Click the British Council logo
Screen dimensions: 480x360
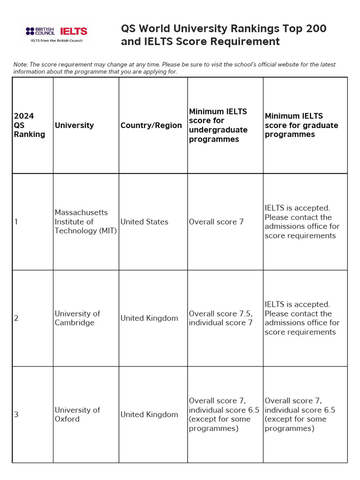tap(40, 31)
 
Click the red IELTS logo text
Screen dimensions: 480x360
tap(74, 31)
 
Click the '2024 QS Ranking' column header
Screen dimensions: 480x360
tap(30, 125)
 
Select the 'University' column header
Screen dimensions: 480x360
tap(74, 125)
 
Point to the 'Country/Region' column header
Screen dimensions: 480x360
tap(151, 125)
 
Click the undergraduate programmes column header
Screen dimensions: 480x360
tap(218, 125)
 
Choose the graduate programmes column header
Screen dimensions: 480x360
tap(301, 125)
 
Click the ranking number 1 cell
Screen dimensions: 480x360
tap(16, 222)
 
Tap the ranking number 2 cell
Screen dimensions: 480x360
tap(16, 318)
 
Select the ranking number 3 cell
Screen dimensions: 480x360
tap(16, 414)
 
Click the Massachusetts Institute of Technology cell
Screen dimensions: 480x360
tap(85, 222)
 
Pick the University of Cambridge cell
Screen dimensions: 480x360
tap(77, 318)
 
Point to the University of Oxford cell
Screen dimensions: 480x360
tap(77, 414)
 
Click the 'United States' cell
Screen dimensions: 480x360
tap(144, 222)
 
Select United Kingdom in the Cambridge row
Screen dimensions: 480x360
tap(149, 318)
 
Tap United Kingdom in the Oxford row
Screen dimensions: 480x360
tap(149, 414)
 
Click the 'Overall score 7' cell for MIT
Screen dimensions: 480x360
tap(216, 222)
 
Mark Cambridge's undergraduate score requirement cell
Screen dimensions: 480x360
tap(220, 318)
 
